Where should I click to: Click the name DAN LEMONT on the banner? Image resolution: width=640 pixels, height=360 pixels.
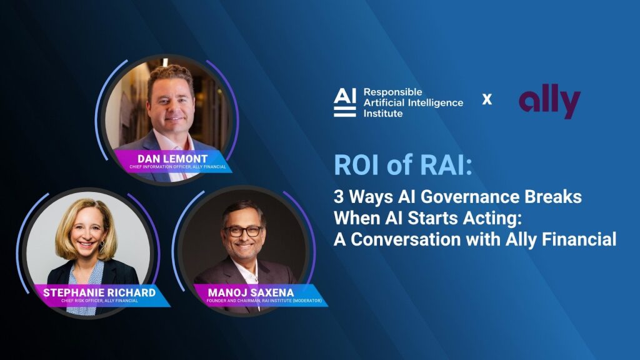click(172, 158)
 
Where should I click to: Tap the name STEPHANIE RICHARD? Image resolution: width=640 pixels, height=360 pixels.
click(99, 292)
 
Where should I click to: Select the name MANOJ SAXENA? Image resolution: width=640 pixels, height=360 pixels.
click(251, 292)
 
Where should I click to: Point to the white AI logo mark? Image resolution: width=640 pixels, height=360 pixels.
click(345, 102)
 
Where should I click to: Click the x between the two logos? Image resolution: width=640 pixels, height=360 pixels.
click(487, 99)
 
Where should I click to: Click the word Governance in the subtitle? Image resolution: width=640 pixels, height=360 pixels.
click(470, 197)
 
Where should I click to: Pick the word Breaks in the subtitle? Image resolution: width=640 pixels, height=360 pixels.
click(553, 197)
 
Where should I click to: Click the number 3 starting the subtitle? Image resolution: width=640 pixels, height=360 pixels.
click(339, 197)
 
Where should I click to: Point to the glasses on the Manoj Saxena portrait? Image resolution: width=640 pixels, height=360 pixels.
click(244, 231)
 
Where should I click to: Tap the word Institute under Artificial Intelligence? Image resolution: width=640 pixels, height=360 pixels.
click(383, 114)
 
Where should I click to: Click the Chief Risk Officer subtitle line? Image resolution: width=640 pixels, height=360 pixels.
click(99, 301)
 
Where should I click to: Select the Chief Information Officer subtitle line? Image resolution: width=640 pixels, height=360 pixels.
click(177, 167)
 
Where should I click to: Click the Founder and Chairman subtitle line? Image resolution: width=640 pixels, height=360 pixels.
click(264, 301)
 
